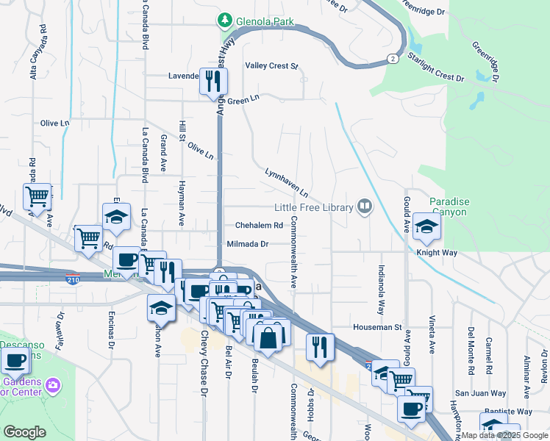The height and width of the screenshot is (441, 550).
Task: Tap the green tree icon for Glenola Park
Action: tap(224, 20)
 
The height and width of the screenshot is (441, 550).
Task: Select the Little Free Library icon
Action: tap(363, 207)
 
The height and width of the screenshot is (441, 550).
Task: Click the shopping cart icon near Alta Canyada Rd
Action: tap(37, 197)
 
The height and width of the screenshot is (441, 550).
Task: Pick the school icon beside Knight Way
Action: tap(426, 227)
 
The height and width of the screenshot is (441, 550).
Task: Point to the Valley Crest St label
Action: tap(271, 66)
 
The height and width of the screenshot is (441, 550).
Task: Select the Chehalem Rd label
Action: tap(259, 226)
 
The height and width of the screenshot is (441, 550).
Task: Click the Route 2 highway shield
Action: tap(395, 58)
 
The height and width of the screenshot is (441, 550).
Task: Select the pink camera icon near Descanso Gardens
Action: tap(52, 384)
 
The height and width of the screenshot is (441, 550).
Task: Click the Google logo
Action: tap(25, 432)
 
